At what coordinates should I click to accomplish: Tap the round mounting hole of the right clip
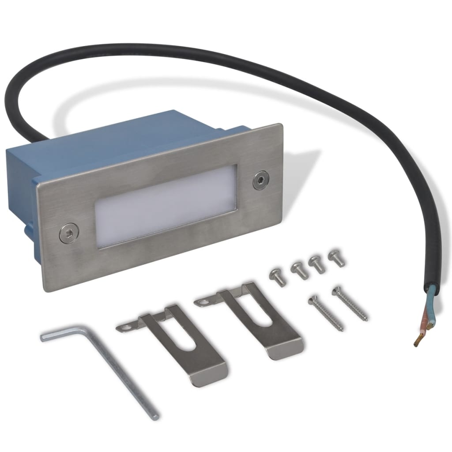[x=203, y=302]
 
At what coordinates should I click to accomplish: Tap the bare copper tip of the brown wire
[x=417, y=340]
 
